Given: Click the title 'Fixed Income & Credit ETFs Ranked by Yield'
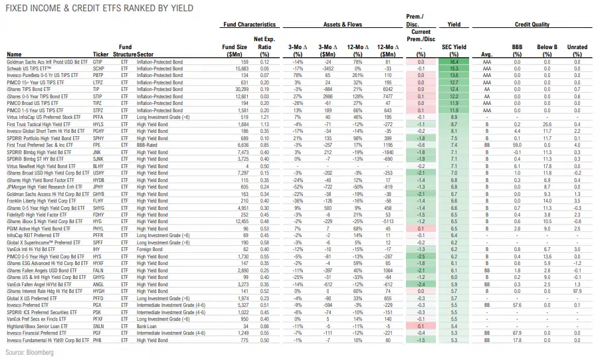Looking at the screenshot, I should [100, 9].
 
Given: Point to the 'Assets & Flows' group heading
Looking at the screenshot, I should [342, 25].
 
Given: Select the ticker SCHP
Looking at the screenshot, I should [98, 68].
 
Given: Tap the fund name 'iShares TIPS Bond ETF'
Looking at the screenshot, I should [29, 88].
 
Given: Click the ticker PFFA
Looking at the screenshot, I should [98, 116].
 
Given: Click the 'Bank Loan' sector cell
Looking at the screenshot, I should [149, 327].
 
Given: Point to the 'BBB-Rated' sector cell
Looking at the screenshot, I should [150, 144].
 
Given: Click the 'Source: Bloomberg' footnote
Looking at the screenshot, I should [29, 351].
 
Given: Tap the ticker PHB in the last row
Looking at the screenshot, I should [98, 341].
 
